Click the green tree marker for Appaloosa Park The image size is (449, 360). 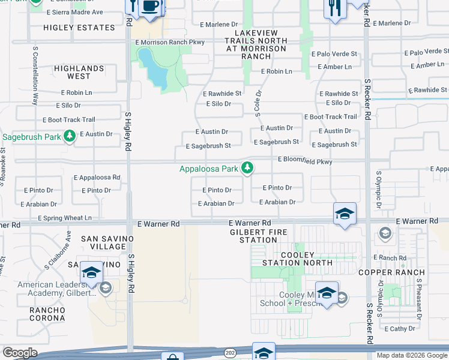tap(247, 169)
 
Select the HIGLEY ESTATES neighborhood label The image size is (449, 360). tap(79, 28)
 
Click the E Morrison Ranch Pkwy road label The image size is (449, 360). tap(170, 42)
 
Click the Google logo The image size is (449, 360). tap(20, 353)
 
